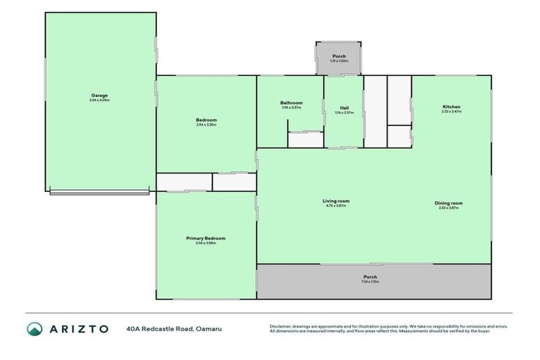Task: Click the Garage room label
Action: (99, 96)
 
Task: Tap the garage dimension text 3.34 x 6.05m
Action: (99, 101)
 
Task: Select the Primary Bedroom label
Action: (206, 238)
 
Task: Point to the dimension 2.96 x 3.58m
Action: (206, 243)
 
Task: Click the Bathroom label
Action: (291, 103)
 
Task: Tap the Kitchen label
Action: (451, 107)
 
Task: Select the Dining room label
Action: (451, 203)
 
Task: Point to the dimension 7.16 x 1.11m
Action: (371, 282)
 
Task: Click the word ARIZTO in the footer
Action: (79, 328)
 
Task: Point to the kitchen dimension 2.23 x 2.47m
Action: (451, 112)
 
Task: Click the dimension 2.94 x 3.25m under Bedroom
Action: (206, 125)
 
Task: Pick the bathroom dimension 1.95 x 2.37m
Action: (291, 108)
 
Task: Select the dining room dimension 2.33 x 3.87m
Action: (451, 208)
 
